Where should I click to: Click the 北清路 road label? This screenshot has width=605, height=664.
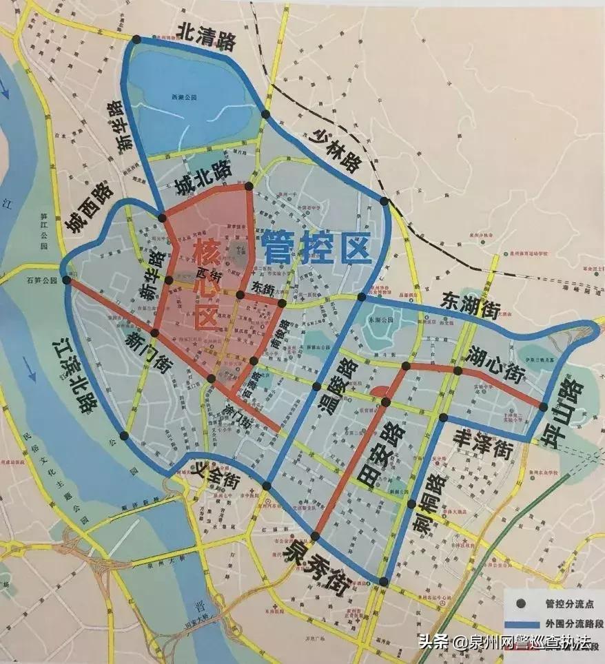coord(206,37)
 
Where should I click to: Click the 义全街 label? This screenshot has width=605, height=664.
coord(218,477)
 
